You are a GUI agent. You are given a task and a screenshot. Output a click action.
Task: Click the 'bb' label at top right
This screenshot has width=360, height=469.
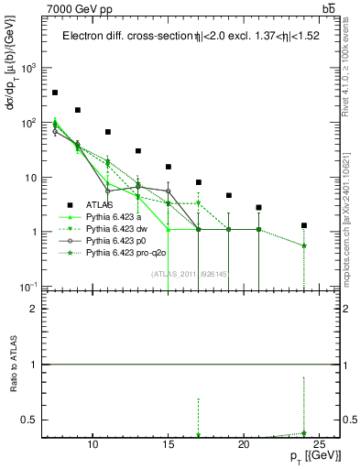click(x=327, y=8)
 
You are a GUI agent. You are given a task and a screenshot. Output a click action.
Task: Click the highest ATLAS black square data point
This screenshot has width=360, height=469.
click(x=55, y=93)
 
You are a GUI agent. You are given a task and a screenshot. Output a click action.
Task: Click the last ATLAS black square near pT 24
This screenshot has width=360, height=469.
click(x=304, y=225)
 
